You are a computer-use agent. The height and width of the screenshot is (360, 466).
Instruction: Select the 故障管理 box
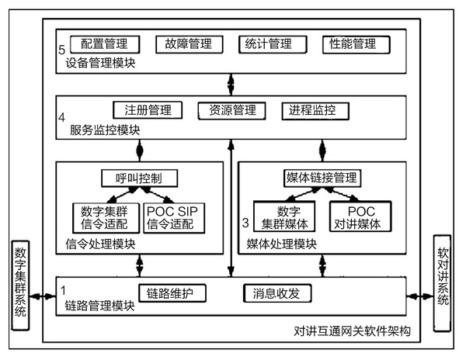(x=183, y=43)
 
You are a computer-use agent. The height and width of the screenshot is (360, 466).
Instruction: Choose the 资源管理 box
(x=227, y=110)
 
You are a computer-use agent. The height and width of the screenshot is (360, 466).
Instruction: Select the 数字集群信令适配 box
(x=105, y=218)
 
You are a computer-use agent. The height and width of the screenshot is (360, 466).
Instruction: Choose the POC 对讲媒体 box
(x=360, y=218)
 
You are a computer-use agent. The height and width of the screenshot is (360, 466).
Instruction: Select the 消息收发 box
(x=277, y=293)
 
